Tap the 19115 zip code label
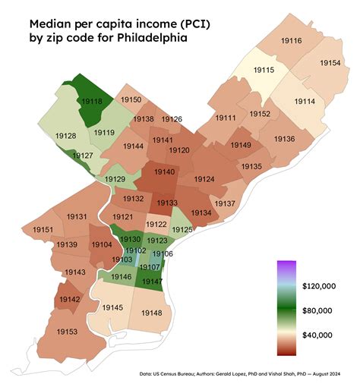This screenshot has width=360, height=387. [x=264, y=70]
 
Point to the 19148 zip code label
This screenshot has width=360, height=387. [x=151, y=313]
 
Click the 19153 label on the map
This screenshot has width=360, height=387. [x=67, y=332]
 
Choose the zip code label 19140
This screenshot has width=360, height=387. [x=165, y=172]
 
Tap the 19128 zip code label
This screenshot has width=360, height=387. [x=65, y=136]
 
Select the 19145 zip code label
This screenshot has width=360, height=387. [x=112, y=307]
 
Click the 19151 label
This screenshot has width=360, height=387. [x=43, y=230]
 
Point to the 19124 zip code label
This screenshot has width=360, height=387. [x=204, y=179]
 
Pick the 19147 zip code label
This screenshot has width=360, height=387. [x=151, y=282]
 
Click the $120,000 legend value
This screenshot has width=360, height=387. [x=318, y=286]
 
